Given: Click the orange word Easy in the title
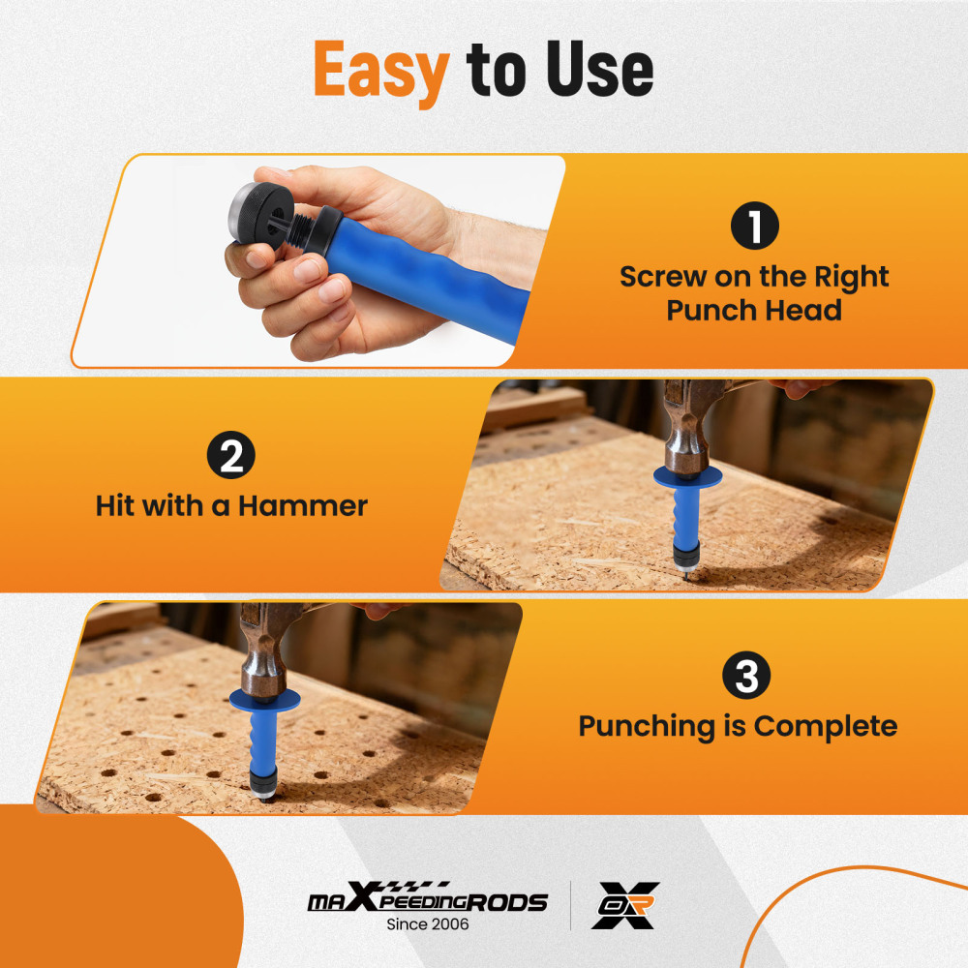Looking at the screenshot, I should (x=381, y=70).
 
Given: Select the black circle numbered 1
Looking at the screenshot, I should (x=754, y=228).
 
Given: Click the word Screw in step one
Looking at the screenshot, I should (x=663, y=277).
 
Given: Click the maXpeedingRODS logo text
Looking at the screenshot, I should (x=427, y=901).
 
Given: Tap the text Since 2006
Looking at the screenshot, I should (x=427, y=925).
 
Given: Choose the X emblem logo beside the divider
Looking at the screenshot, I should (x=626, y=905).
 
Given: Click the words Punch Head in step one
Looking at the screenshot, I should (x=754, y=310).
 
